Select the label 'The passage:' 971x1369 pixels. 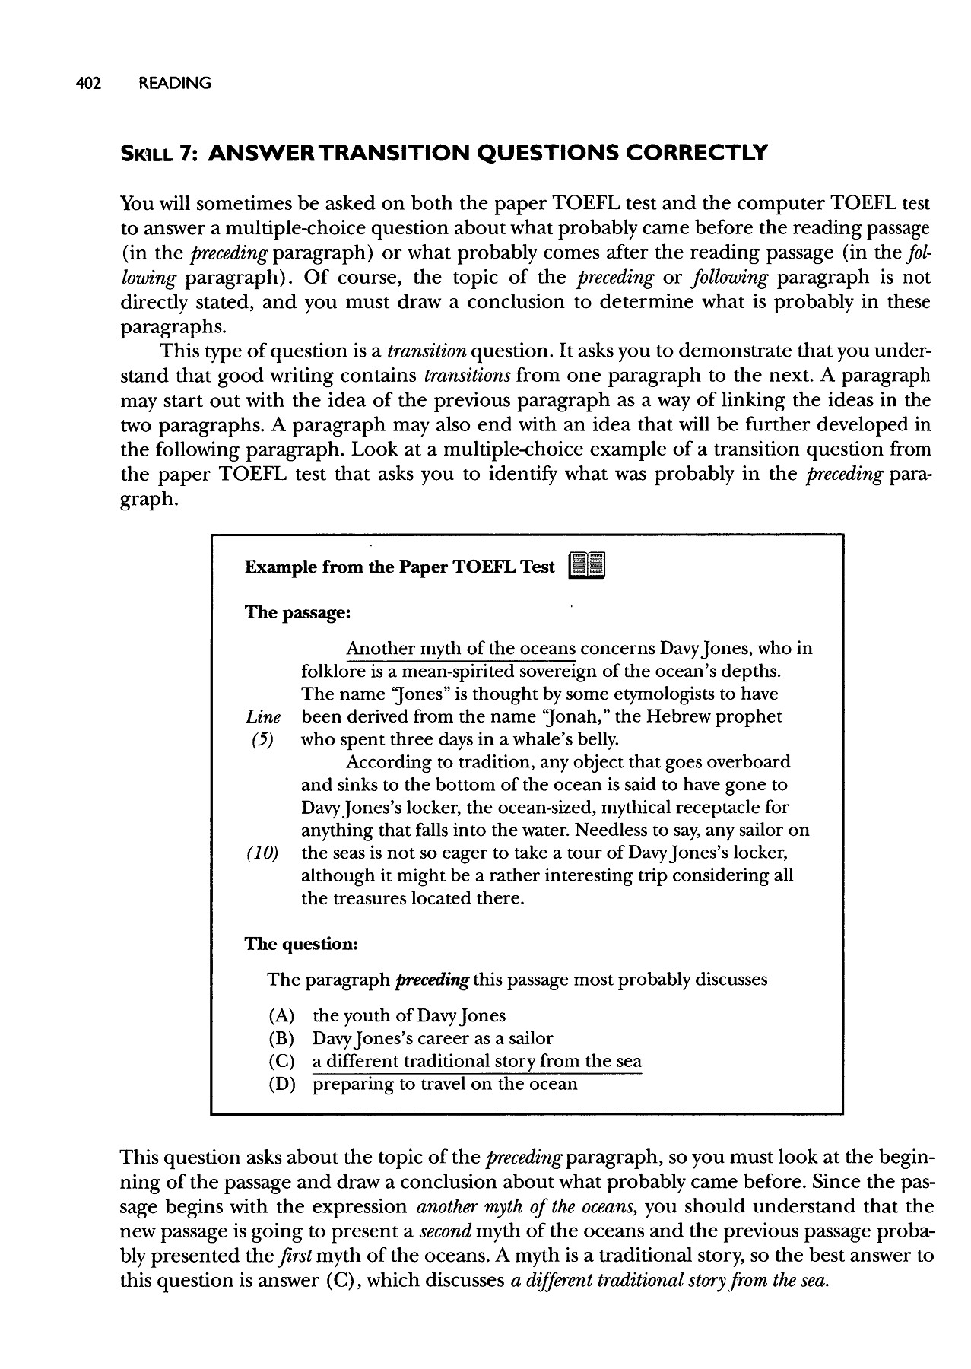297,612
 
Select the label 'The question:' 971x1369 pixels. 300,944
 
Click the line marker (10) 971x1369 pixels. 263,853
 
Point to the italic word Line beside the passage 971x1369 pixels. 263,716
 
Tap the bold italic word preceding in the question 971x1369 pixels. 431,980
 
